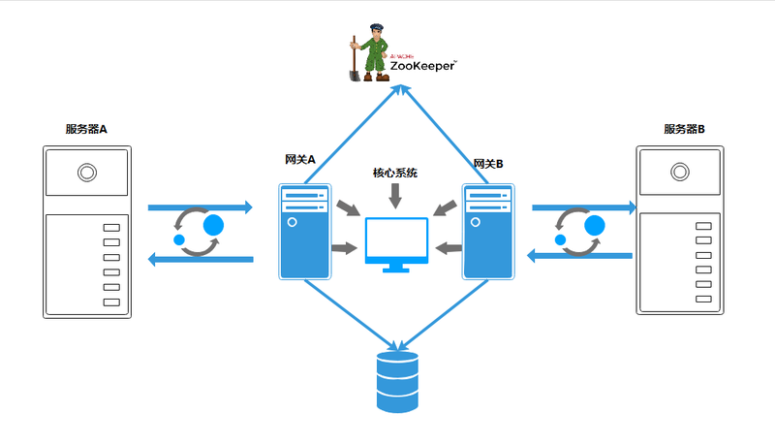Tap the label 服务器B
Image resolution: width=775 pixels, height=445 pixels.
[x=684, y=129]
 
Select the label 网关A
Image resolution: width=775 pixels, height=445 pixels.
[x=300, y=161]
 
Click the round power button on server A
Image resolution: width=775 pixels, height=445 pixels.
[x=87, y=174]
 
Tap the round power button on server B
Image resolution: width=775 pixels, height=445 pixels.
[x=680, y=174]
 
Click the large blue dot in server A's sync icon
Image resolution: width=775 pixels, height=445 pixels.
[x=213, y=225]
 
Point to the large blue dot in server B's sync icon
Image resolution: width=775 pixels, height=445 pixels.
[x=595, y=226]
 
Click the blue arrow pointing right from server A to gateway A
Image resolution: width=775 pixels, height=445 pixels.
[x=200, y=207]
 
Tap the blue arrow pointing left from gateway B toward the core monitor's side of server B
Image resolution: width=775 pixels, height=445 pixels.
[x=579, y=255]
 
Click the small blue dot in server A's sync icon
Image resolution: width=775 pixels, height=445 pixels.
[x=179, y=239]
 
